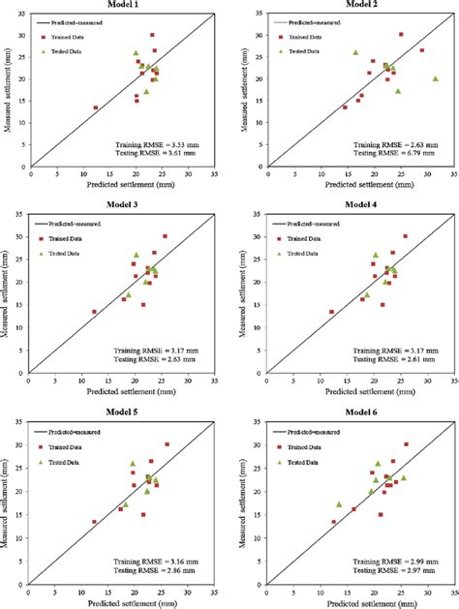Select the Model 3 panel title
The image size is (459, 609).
[124, 210]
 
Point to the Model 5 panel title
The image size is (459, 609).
[124, 413]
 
